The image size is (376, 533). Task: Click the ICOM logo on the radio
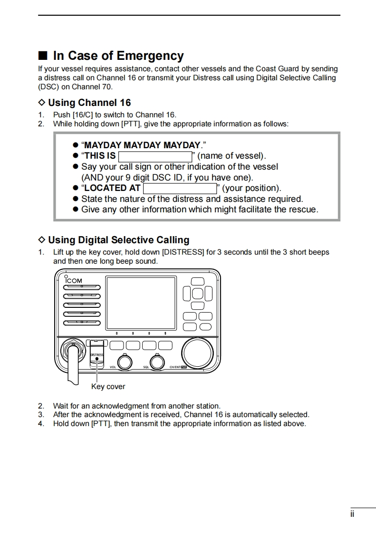[x=74, y=280]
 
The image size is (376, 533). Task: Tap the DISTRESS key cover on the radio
[x=96, y=354]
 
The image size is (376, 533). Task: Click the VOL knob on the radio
[x=125, y=362]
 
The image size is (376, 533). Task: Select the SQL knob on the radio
[x=156, y=362]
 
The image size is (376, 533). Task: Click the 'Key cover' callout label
[x=108, y=387]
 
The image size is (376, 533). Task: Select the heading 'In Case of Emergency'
[x=118, y=56]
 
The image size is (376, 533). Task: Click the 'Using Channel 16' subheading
[x=89, y=103]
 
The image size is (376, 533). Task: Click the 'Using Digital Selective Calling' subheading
[x=118, y=240]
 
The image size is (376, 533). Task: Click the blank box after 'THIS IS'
[x=154, y=156]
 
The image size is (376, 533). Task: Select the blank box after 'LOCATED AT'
[x=179, y=188]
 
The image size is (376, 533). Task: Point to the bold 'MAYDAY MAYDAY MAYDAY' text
[x=142, y=145]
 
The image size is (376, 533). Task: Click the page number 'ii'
[x=352, y=514]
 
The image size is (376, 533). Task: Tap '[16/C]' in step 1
[x=83, y=115]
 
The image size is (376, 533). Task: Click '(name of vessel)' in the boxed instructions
[x=231, y=156]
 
